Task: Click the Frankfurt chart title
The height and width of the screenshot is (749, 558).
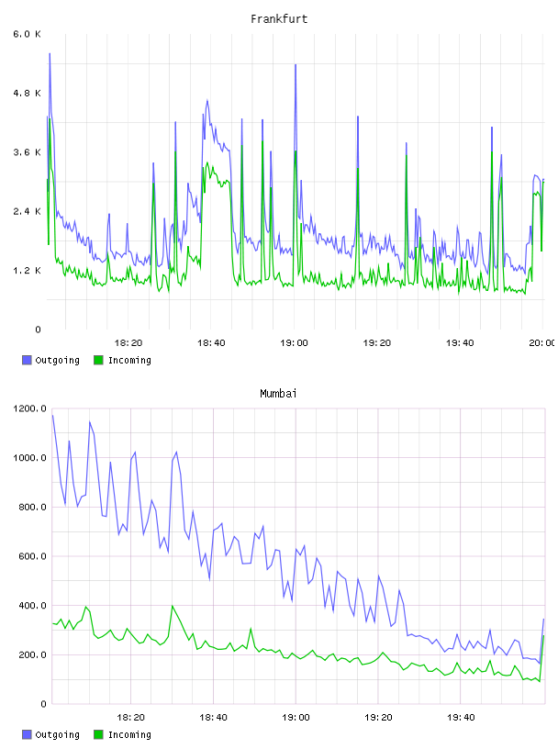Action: click(279, 19)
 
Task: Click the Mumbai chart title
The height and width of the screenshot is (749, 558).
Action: click(278, 394)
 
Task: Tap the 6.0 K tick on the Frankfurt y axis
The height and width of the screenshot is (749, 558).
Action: click(27, 34)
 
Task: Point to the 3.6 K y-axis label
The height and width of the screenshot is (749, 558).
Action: click(27, 152)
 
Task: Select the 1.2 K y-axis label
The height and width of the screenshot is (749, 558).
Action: click(27, 271)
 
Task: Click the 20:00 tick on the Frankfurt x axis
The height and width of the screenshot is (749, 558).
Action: click(542, 343)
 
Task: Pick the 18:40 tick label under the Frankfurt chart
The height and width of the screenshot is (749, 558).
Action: click(211, 343)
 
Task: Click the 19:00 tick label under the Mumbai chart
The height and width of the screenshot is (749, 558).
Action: click(296, 718)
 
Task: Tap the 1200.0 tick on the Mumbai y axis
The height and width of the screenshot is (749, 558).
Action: click(29, 408)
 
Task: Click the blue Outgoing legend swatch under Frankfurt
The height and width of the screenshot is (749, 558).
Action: click(27, 360)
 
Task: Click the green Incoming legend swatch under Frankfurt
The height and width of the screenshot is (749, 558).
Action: click(98, 360)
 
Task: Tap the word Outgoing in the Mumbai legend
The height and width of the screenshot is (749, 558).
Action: click(57, 734)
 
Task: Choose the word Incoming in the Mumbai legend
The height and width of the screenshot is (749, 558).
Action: click(129, 734)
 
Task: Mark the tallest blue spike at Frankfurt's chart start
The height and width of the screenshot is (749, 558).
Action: click(50, 53)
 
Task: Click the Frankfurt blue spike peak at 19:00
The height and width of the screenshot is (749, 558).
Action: click(296, 64)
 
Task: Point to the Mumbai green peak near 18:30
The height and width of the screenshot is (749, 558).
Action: click(172, 606)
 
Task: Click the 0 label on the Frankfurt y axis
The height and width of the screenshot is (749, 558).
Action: click(38, 330)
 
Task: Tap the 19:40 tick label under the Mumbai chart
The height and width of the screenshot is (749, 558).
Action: click(461, 718)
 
